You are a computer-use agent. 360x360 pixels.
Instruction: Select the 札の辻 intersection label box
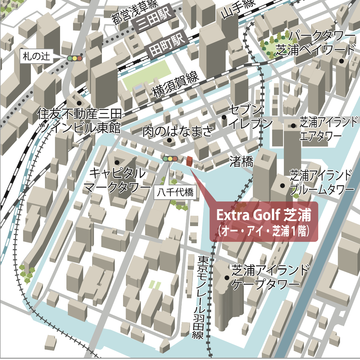(x=36, y=56)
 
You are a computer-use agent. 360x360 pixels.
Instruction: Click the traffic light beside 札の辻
(x=75, y=58)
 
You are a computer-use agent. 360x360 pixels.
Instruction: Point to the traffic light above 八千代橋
(x=170, y=159)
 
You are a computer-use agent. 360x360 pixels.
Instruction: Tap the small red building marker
(x=189, y=161)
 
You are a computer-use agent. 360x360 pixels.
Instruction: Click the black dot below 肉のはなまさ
(x=169, y=140)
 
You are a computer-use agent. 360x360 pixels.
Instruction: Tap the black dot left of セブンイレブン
(x=224, y=117)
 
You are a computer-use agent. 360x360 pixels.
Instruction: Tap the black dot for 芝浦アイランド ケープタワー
(x=227, y=278)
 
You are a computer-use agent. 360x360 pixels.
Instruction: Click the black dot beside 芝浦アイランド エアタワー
(x=293, y=126)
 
